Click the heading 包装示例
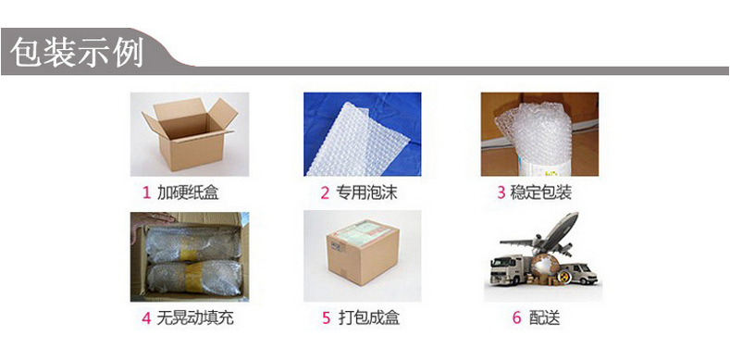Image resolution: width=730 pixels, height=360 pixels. coord(77,52)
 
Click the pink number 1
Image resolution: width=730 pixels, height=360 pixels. coord(147,192)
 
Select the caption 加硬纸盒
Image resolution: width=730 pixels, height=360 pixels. coord(188,192)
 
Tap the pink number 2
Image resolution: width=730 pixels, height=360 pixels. coord(325,192)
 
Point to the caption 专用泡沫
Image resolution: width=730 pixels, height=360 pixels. coord(367,192)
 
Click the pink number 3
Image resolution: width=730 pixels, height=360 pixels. coord(501,192)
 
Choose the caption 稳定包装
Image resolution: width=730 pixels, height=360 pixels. coord(541,192)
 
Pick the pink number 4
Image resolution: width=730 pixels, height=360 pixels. coord(147,318)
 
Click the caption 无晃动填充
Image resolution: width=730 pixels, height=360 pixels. coord(195,318)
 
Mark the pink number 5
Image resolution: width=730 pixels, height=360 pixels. coord(326,318)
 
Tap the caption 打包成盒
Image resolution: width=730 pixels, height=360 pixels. coord(369,318)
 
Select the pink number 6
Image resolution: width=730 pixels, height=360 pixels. coord(517,318)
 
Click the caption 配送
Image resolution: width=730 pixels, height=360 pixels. coord(544,318)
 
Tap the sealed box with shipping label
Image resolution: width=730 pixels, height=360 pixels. coord(363,252)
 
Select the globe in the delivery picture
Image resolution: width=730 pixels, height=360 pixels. coord(546,267)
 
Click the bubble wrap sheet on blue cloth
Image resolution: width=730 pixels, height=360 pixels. coord(357,141)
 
